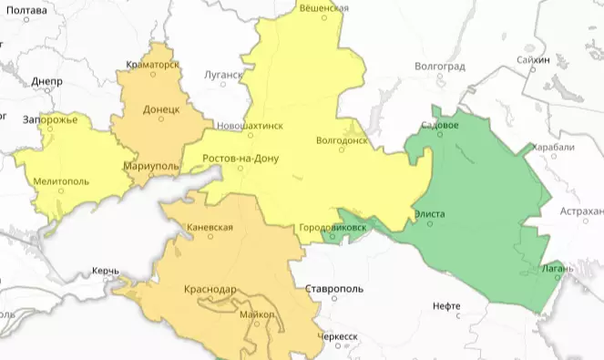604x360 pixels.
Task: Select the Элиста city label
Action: [x=429, y=213]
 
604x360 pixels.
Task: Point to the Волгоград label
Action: [x=440, y=67]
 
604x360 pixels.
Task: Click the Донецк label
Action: [x=160, y=108]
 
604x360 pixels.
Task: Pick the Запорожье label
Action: [x=51, y=119]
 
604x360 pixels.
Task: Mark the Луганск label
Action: [x=224, y=75]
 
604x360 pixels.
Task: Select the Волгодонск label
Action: [x=341, y=141]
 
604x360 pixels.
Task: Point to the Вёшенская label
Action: [x=323, y=7]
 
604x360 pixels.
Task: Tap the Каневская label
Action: [x=210, y=227]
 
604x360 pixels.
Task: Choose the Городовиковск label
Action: [x=333, y=227]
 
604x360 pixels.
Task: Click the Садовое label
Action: [x=441, y=124]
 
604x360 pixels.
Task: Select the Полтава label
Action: [x=26, y=10]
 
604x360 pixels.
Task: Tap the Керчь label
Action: [x=106, y=272]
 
